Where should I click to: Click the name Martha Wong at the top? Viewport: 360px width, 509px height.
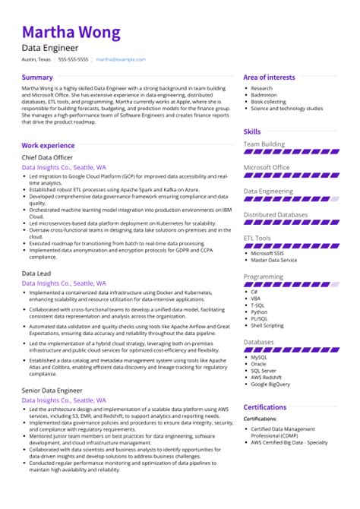click(71, 33)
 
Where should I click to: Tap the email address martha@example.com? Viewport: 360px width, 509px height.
click(120, 59)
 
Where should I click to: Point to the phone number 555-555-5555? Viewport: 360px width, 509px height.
click(73, 59)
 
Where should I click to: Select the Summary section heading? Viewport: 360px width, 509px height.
click(37, 77)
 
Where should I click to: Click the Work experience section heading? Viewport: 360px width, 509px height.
click(48, 144)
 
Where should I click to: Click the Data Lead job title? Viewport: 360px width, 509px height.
click(36, 271)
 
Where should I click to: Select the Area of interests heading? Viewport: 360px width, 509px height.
click(269, 77)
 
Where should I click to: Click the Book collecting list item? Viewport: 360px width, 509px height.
click(268, 102)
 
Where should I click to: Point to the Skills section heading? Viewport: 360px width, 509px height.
click(251, 131)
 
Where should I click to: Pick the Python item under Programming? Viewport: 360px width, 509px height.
click(259, 311)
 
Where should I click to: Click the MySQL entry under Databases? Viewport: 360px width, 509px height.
click(259, 356)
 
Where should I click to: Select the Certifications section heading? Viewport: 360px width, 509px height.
click(264, 407)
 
